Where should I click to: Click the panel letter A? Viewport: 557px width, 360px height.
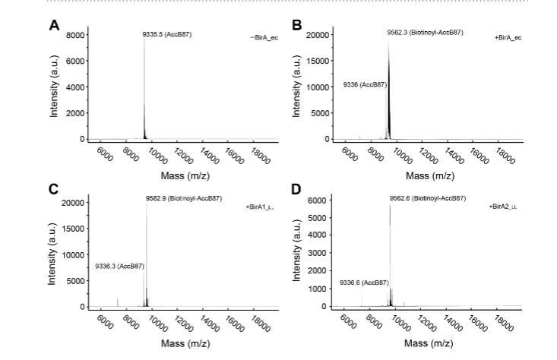[x=54, y=25]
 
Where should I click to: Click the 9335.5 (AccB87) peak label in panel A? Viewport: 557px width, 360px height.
[x=167, y=34]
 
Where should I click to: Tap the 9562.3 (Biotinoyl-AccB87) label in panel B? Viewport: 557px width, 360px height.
[x=425, y=33]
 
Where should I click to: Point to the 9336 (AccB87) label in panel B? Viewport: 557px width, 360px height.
[x=365, y=84]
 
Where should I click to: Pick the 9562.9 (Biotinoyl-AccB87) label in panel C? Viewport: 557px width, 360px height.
[x=184, y=198]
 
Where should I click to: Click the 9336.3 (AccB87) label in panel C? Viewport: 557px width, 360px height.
[x=119, y=267]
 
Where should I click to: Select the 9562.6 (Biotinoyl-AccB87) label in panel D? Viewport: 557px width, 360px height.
[x=427, y=198]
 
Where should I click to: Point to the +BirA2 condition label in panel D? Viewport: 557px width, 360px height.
[x=503, y=206]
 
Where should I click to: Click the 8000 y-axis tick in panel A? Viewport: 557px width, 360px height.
[x=74, y=35]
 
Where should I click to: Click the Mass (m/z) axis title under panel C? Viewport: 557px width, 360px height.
[x=185, y=343]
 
